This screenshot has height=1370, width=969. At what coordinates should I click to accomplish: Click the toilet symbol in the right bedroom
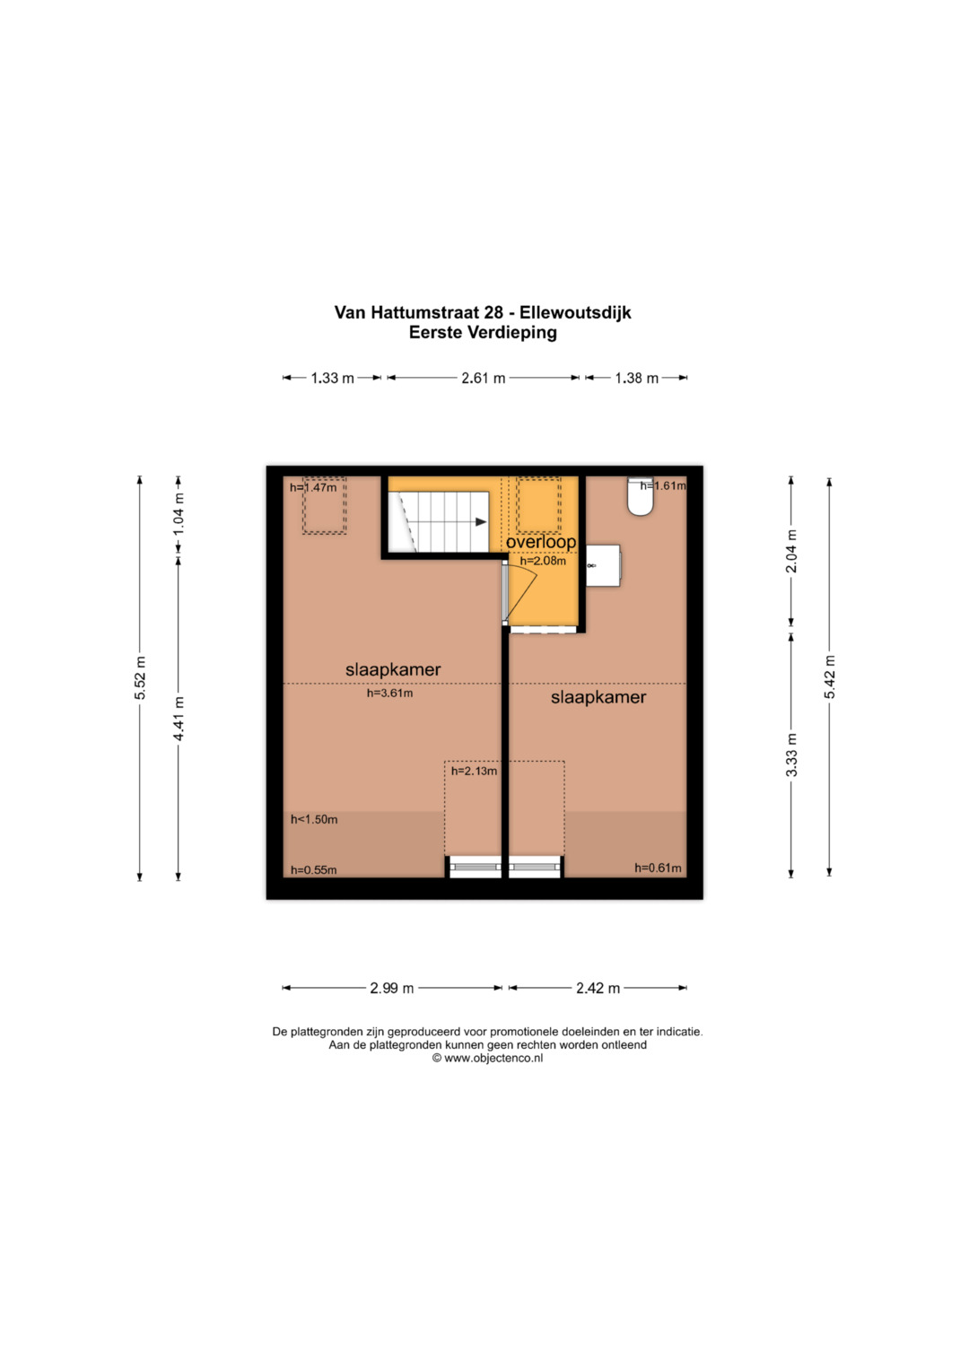coord(640,496)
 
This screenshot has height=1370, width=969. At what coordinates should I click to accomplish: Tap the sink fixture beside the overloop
coord(603,566)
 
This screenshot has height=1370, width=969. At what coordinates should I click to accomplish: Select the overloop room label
coord(541,542)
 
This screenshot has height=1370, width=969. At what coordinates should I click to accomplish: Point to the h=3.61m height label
coord(389,693)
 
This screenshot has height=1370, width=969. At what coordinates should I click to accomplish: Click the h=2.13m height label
coord(474,772)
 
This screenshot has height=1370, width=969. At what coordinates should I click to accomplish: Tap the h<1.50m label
coord(314,819)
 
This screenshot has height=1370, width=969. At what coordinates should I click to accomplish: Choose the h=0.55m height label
coord(313,870)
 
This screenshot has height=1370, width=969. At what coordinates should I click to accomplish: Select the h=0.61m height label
coord(658,868)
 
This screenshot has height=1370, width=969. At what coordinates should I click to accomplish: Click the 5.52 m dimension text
coord(140,678)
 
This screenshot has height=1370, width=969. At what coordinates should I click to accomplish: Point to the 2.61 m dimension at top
coord(484,378)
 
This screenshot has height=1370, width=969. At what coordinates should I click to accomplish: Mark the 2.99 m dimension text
coord(392,988)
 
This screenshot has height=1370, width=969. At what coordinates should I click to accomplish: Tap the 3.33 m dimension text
coord(791,755)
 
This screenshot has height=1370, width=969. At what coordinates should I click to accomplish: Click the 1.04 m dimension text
coord(179,514)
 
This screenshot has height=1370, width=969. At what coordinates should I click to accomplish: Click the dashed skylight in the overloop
coord(538,505)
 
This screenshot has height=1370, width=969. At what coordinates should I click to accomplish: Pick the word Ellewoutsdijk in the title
coord(575,312)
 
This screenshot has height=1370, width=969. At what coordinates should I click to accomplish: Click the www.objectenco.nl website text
coord(493,1058)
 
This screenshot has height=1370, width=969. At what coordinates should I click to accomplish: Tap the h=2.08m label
coord(543,561)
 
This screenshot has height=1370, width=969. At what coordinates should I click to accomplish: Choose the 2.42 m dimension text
coord(598,988)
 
